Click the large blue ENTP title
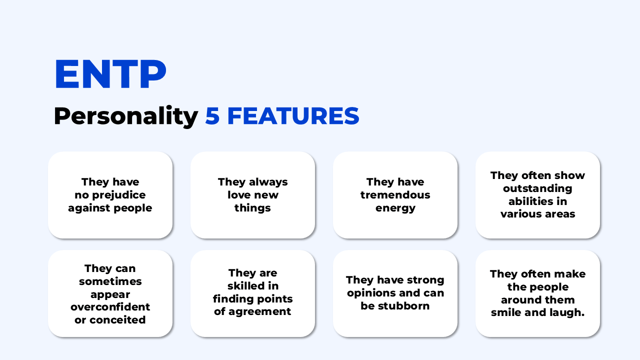click(x=110, y=74)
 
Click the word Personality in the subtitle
click(x=125, y=116)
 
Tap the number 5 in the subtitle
click(x=212, y=116)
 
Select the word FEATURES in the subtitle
click(x=293, y=116)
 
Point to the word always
click(x=269, y=182)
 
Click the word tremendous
click(x=395, y=195)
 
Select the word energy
click(x=395, y=208)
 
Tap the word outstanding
click(x=537, y=188)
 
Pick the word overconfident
click(x=110, y=307)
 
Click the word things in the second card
click(x=252, y=208)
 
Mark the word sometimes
click(x=110, y=281)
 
